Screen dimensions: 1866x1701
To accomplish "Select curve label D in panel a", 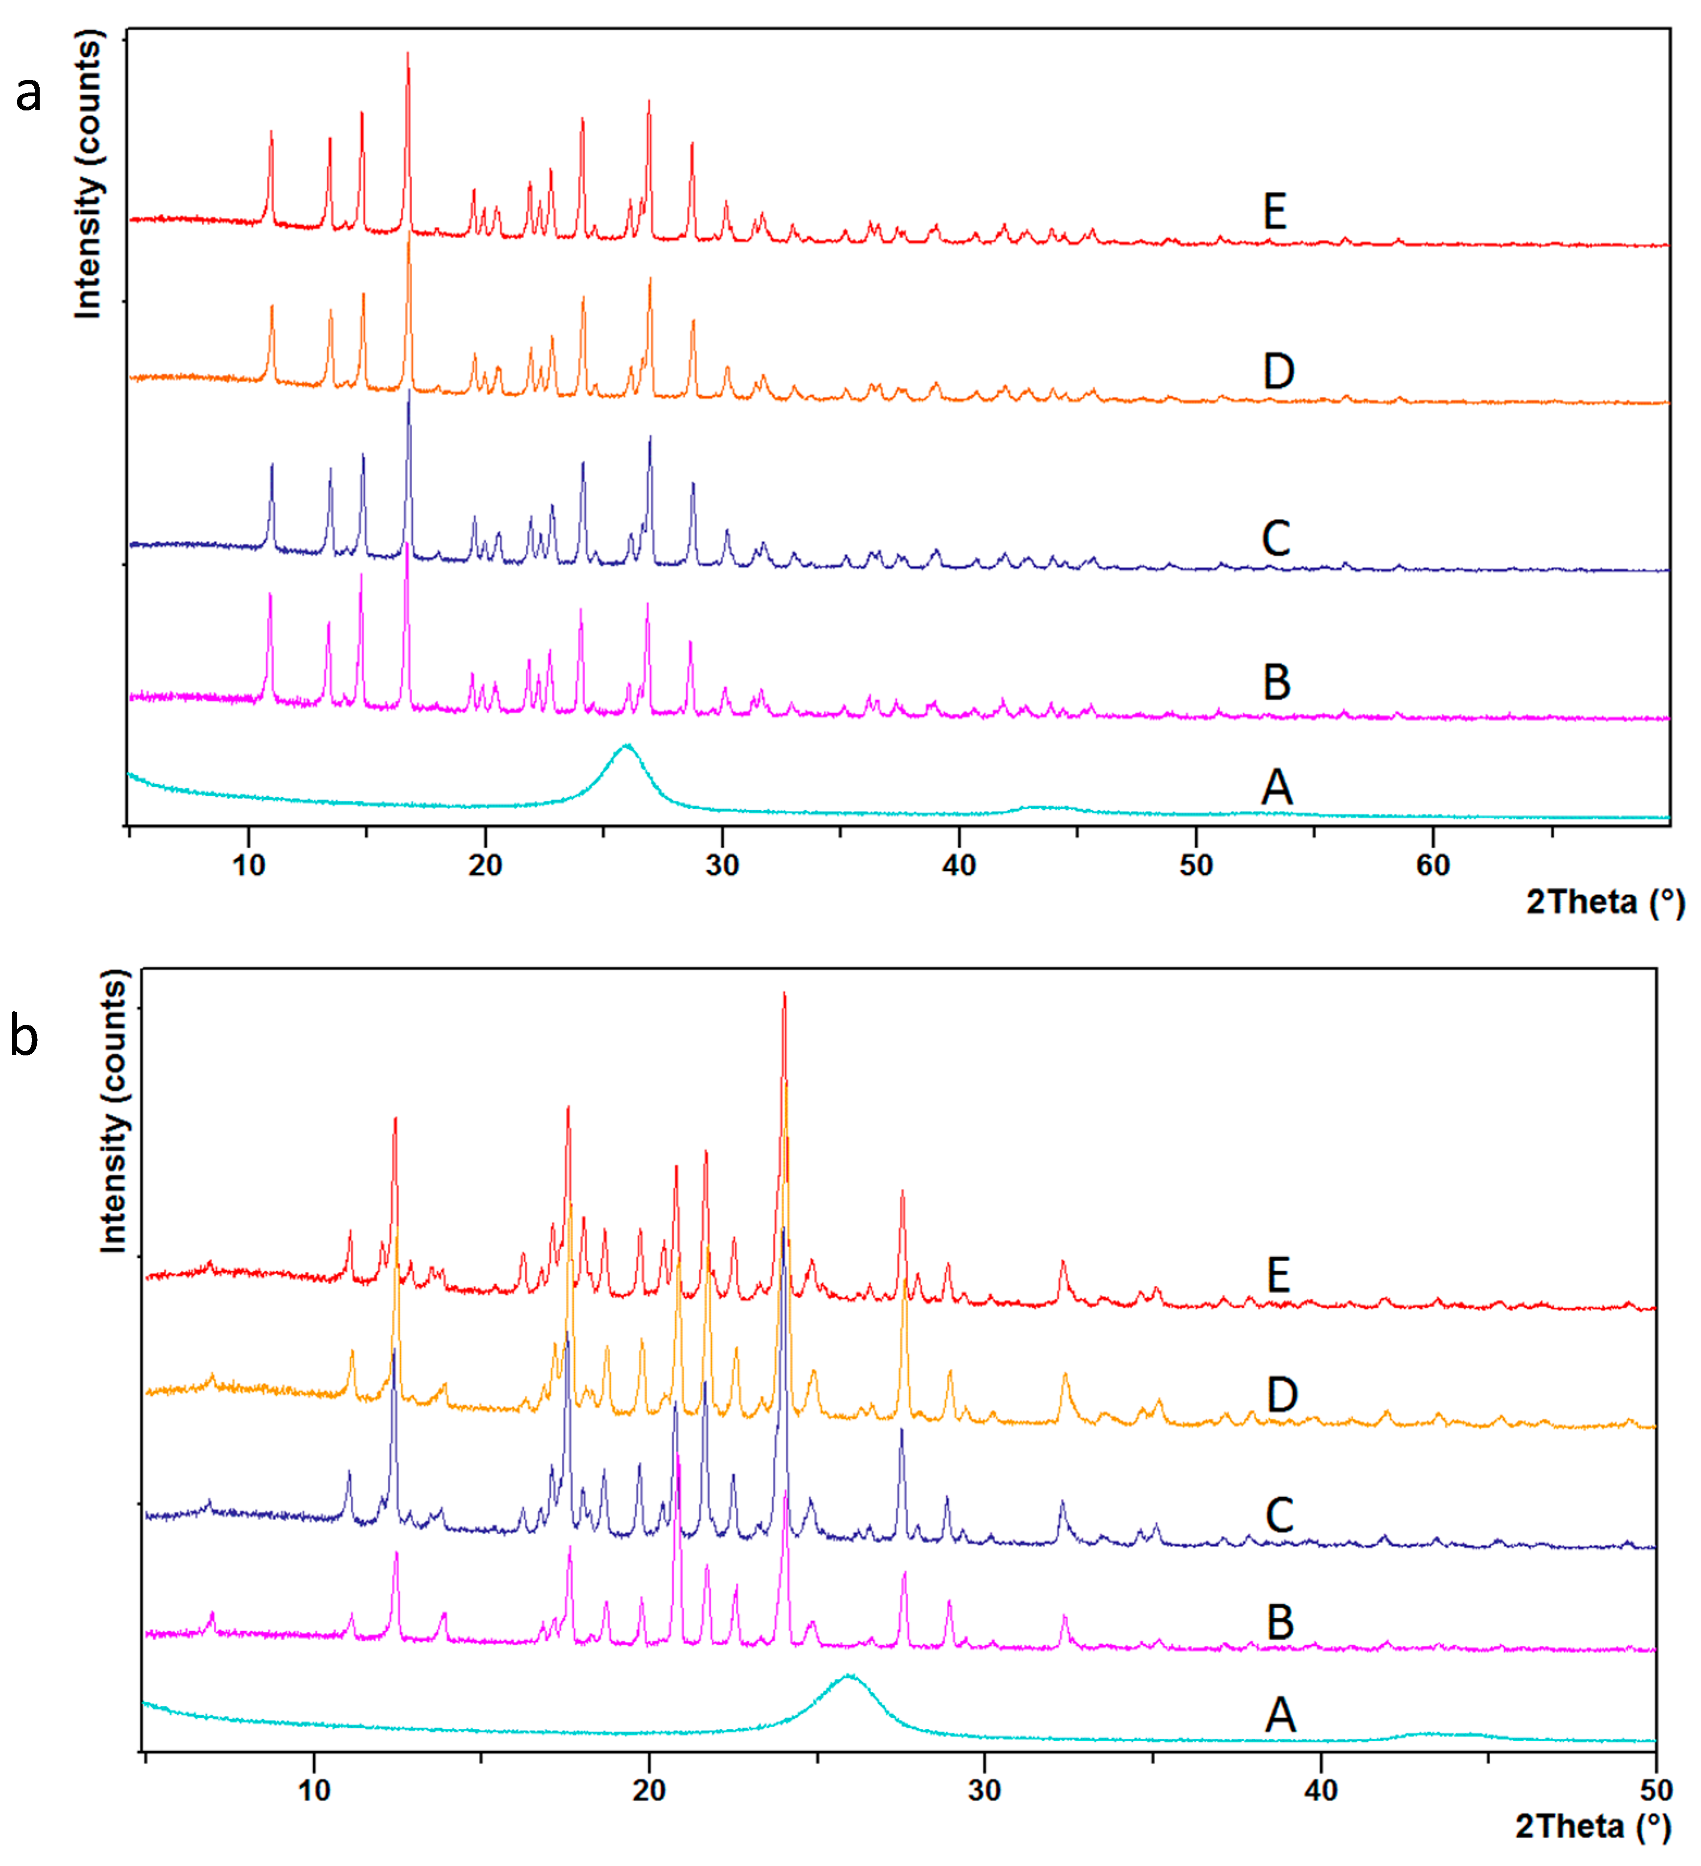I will pyautogui.click(x=1278, y=372).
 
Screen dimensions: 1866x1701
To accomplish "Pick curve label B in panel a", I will pyautogui.click(x=1276, y=683).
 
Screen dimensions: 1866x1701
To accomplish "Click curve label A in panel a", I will pyautogui.click(x=1276, y=788).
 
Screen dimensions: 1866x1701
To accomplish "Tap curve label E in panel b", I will pyautogui.click(x=1278, y=1276).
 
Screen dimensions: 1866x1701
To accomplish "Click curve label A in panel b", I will pyautogui.click(x=1280, y=1715).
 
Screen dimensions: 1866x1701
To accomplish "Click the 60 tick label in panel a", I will pyautogui.click(x=1432, y=866).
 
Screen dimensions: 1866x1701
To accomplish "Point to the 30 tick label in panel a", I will pyautogui.click(x=722, y=866).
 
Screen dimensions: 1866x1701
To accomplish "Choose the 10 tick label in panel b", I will pyautogui.click(x=314, y=1791).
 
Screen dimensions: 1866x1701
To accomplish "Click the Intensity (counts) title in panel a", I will pyautogui.click(x=88, y=174).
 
